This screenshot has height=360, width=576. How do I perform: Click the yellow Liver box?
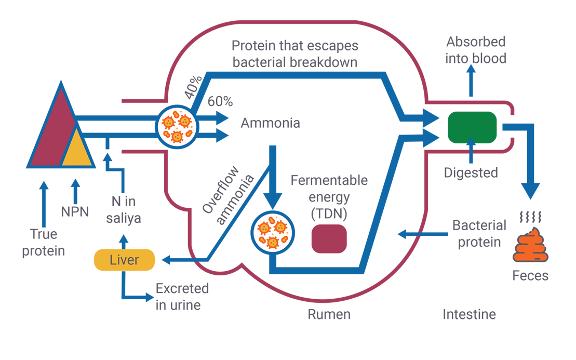tap(124, 260)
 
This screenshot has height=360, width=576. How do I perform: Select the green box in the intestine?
tap(472, 127)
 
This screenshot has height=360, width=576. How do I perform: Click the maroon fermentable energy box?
tap(329, 239)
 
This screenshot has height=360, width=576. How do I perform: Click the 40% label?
tap(193, 89)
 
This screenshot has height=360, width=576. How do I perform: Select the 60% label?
tap(220, 102)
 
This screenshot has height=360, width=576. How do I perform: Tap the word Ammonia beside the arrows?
tap(270, 124)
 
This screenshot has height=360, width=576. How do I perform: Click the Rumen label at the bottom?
tap(329, 314)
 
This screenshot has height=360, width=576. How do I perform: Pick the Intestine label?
tap(469, 314)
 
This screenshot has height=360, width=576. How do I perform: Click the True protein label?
tap(44, 243)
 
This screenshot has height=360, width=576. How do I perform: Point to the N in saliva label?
tap(124, 210)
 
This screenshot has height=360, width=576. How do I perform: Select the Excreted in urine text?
tap(182, 297)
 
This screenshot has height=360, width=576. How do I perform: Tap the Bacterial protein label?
tap(478, 234)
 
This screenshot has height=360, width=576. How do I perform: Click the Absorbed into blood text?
tap(476, 50)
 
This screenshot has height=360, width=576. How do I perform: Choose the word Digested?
tap(471, 173)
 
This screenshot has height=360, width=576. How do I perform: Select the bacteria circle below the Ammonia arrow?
tap(273, 232)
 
